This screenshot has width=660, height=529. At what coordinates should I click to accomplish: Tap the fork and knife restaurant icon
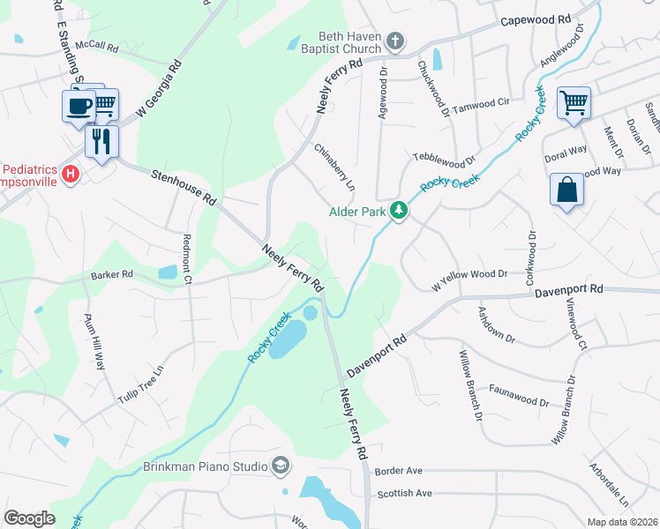point(101,140)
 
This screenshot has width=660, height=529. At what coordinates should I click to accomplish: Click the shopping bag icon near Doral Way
point(566,190)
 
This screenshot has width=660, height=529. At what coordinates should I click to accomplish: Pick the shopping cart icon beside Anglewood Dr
point(574,102)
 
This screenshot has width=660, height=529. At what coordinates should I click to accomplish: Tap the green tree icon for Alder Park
point(399,211)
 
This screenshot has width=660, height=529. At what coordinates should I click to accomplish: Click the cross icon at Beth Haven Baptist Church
point(395,40)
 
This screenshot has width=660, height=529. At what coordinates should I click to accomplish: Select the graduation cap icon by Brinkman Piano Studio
point(281,465)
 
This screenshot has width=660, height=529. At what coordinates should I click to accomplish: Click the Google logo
point(30,518)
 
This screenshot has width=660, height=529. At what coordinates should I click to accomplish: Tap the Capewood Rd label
point(536,19)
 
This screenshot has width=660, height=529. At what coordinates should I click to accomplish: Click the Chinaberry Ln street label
point(334,168)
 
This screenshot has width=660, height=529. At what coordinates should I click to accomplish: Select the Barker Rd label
point(111,275)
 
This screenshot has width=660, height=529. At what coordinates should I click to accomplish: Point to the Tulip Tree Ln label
point(141,386)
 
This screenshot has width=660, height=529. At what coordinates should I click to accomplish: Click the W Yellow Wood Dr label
point(469,279)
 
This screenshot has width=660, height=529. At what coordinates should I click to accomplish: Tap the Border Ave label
point(399,472)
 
